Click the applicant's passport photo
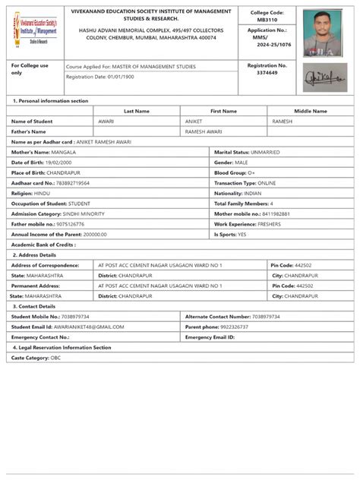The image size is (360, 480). (x=324, y=33)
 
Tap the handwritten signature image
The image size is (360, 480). (x=324, y=77)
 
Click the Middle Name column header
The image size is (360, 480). (x=310, y=111)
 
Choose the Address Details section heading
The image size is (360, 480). (x=34, y=255)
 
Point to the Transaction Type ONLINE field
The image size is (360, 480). (x=245, y=183)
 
